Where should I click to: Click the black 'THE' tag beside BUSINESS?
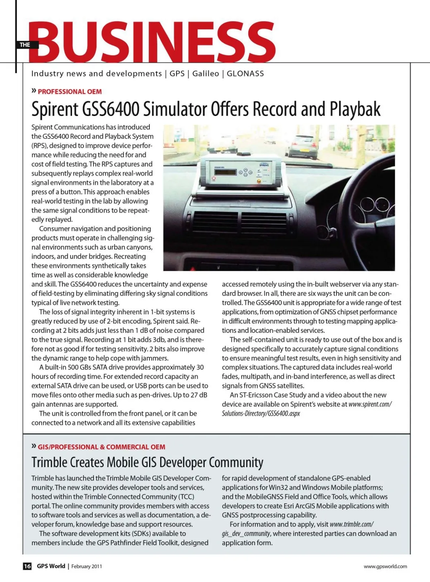tap(24, 45)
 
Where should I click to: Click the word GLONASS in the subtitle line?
tap(245, 73)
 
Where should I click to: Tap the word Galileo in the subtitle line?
tap(206, 73)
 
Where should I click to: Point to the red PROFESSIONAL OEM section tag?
tap(70, 92)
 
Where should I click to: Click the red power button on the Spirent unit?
tap(214, 178)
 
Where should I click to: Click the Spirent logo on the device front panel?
tap(264, 165)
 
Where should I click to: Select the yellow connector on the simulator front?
tap(259, 181)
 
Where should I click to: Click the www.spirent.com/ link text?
tap(370, 404)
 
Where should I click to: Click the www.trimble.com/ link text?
tap(351, 524)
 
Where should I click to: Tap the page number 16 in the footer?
tap(27, 566)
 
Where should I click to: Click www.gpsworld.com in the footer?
tap(385, 566)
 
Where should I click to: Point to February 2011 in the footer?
tap(87, 566)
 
